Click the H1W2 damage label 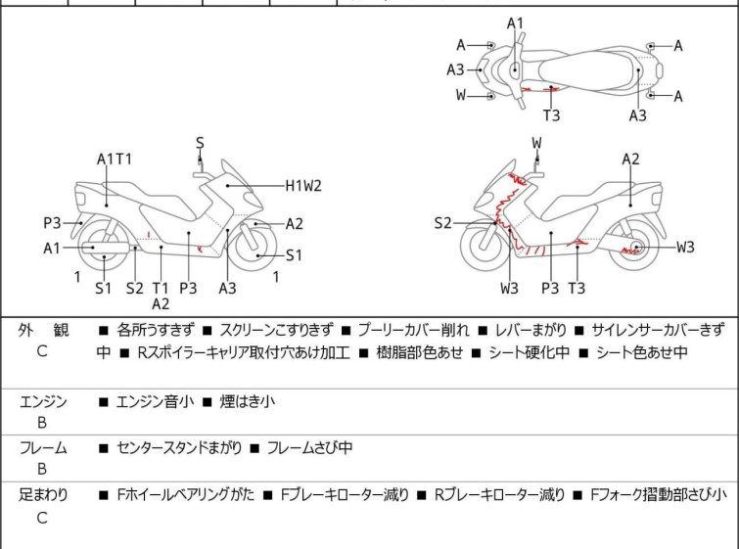tap(303, 184)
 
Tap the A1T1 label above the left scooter tap(115, 159)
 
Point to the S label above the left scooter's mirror tap(200, 143)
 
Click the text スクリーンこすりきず tap(277, 330)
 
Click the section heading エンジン tap(43, 400)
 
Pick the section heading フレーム tap(43, 448)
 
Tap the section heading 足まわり tap(43, 495)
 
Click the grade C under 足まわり tap(42, 518)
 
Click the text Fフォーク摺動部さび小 tap(658, 495)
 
